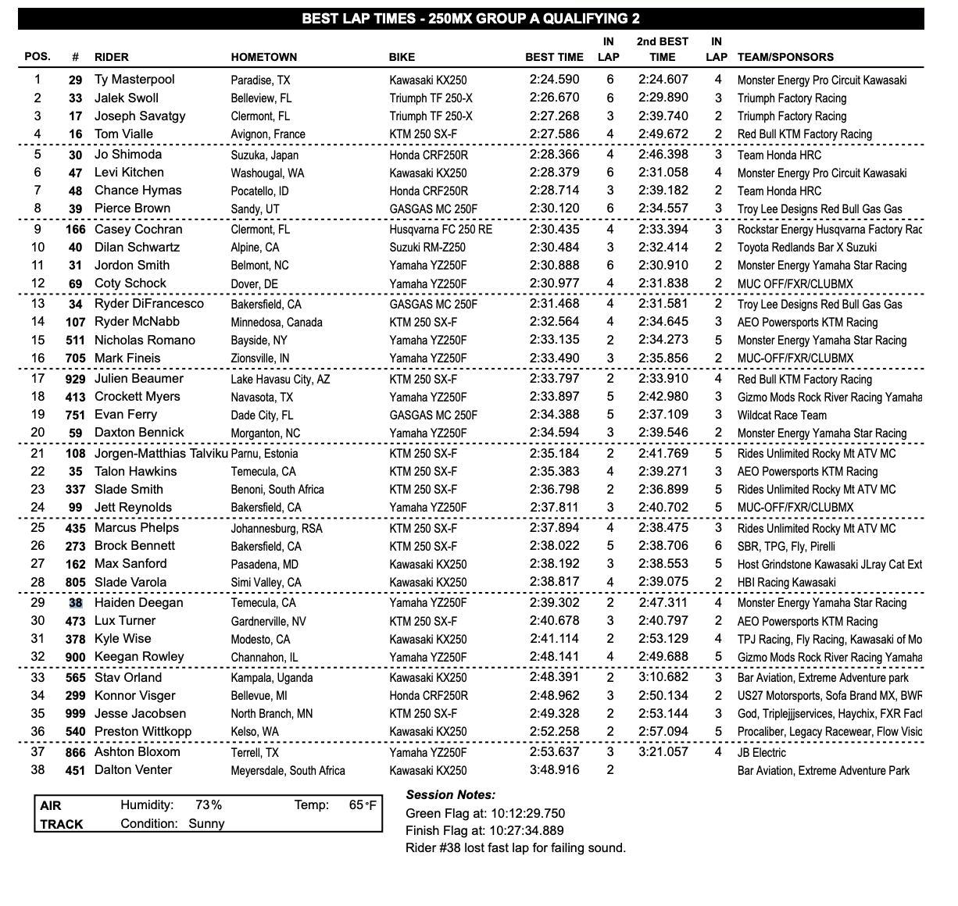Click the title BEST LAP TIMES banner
point(470,19)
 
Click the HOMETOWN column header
point(263,57)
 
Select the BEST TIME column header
point(554,57)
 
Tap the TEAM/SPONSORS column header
point(785,57)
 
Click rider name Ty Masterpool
point(134,80)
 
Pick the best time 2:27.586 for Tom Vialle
point(554,134)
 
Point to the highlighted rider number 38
point(75,603)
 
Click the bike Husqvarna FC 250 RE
point(441,230)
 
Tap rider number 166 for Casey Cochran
point(75,230)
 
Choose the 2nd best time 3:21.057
point(663,752)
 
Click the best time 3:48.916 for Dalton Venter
point(554,770)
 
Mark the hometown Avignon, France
point(268,134)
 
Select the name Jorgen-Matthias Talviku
point(161,454)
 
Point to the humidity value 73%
point(209,805)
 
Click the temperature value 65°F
point(363,805)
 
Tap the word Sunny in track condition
point(206,823)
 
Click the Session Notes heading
point(451,795)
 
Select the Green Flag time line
point(484,813)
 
